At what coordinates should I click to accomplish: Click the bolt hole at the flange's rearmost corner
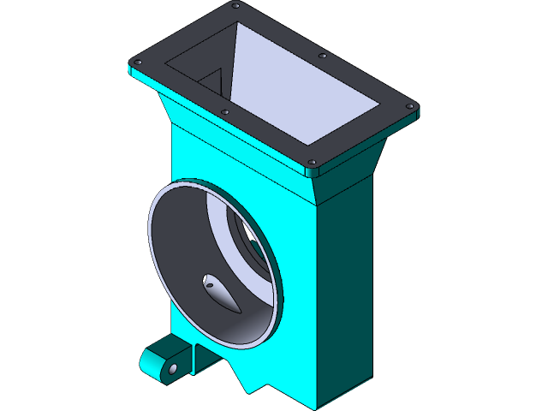coord(235,6)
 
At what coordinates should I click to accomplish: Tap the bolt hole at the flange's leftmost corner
coord(135,62)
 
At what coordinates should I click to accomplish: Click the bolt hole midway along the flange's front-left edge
coord(224,111)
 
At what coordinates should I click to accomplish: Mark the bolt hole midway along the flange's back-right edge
coord(323,56)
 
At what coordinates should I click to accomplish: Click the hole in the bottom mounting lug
coord(173,368)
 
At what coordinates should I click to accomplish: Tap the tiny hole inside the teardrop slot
coord(208,279)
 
